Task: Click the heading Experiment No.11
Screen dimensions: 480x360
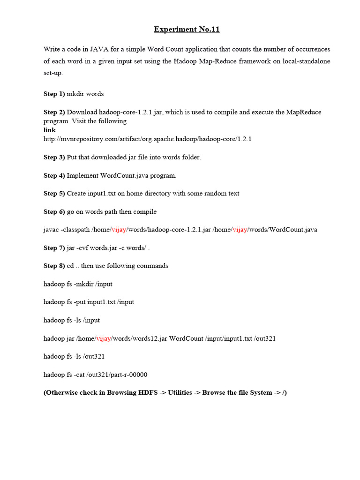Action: [x=187, y=30]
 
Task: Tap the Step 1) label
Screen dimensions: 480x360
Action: [x=54, y=94]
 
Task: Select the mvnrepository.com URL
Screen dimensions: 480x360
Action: [x=147, y=139]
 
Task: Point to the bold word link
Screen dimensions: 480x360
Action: [x=50, y=130]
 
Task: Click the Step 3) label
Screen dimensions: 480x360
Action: [x=54, y=157]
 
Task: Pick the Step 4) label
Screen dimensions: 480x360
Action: [x=54, y=175]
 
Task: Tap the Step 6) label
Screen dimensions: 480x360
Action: [x=54, y=212]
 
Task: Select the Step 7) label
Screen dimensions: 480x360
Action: [x=54, y=248]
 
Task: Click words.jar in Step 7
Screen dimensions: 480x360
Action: [x=100, y=248]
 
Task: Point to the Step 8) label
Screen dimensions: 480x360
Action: [x=54, y=266]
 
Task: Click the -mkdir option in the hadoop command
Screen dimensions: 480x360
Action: [x=84, y=284]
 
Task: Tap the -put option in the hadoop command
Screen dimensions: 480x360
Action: [x=81, y=302]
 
